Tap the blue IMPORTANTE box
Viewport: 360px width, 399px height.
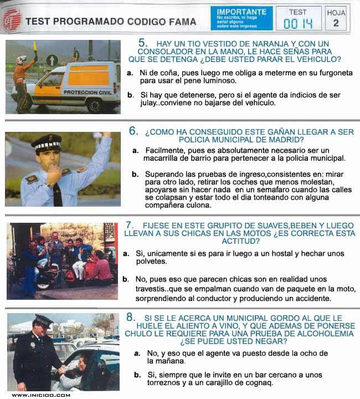pos(241,18)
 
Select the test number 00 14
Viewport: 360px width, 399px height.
pos(298,24)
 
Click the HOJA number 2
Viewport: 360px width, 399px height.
pos(336,23)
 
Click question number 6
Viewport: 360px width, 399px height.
pos(133,131)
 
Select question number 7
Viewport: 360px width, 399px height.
pos(130,225)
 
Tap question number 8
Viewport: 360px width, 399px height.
pos(130,317)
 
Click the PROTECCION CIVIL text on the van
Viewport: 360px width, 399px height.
pos(88,92)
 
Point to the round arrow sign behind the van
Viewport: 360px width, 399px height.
pos(52,60)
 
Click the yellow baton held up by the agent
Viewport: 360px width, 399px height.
pos(35,48)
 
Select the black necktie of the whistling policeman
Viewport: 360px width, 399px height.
pos(58,194)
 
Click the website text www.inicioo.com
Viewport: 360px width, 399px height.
pos(41,395)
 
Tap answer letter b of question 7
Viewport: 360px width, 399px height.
pos(125,279)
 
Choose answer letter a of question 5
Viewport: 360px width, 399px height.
pos(130,73)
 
